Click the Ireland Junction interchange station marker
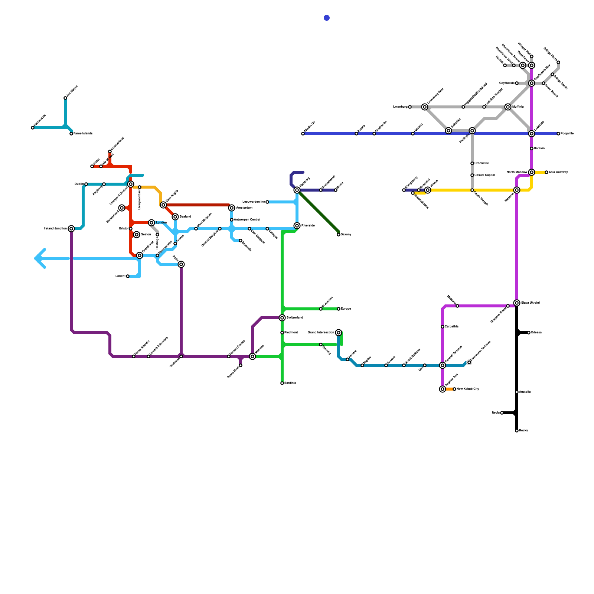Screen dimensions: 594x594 (71, 229)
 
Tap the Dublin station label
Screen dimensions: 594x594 (79, 184)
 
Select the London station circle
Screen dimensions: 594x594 (151, 223)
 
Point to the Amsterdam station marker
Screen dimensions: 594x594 (232, 208)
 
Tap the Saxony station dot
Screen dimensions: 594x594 (339, 235)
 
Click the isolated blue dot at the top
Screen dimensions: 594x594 (327, 18)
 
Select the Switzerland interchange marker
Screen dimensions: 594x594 (282, 318)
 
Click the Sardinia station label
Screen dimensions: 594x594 (290, 383)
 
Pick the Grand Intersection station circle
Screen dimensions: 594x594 (339, 333)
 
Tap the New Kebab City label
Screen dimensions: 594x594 (468, 389)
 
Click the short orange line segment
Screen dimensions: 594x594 (449, 389)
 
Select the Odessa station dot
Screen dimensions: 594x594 (529, 333)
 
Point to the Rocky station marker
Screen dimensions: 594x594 (517, 431)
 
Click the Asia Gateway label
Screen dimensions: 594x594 (558, 172)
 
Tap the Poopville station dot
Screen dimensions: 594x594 (558, 134)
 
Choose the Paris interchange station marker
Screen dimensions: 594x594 (181, 264)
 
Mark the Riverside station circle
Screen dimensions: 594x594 (297, 226)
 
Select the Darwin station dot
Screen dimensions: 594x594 (532, 148)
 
